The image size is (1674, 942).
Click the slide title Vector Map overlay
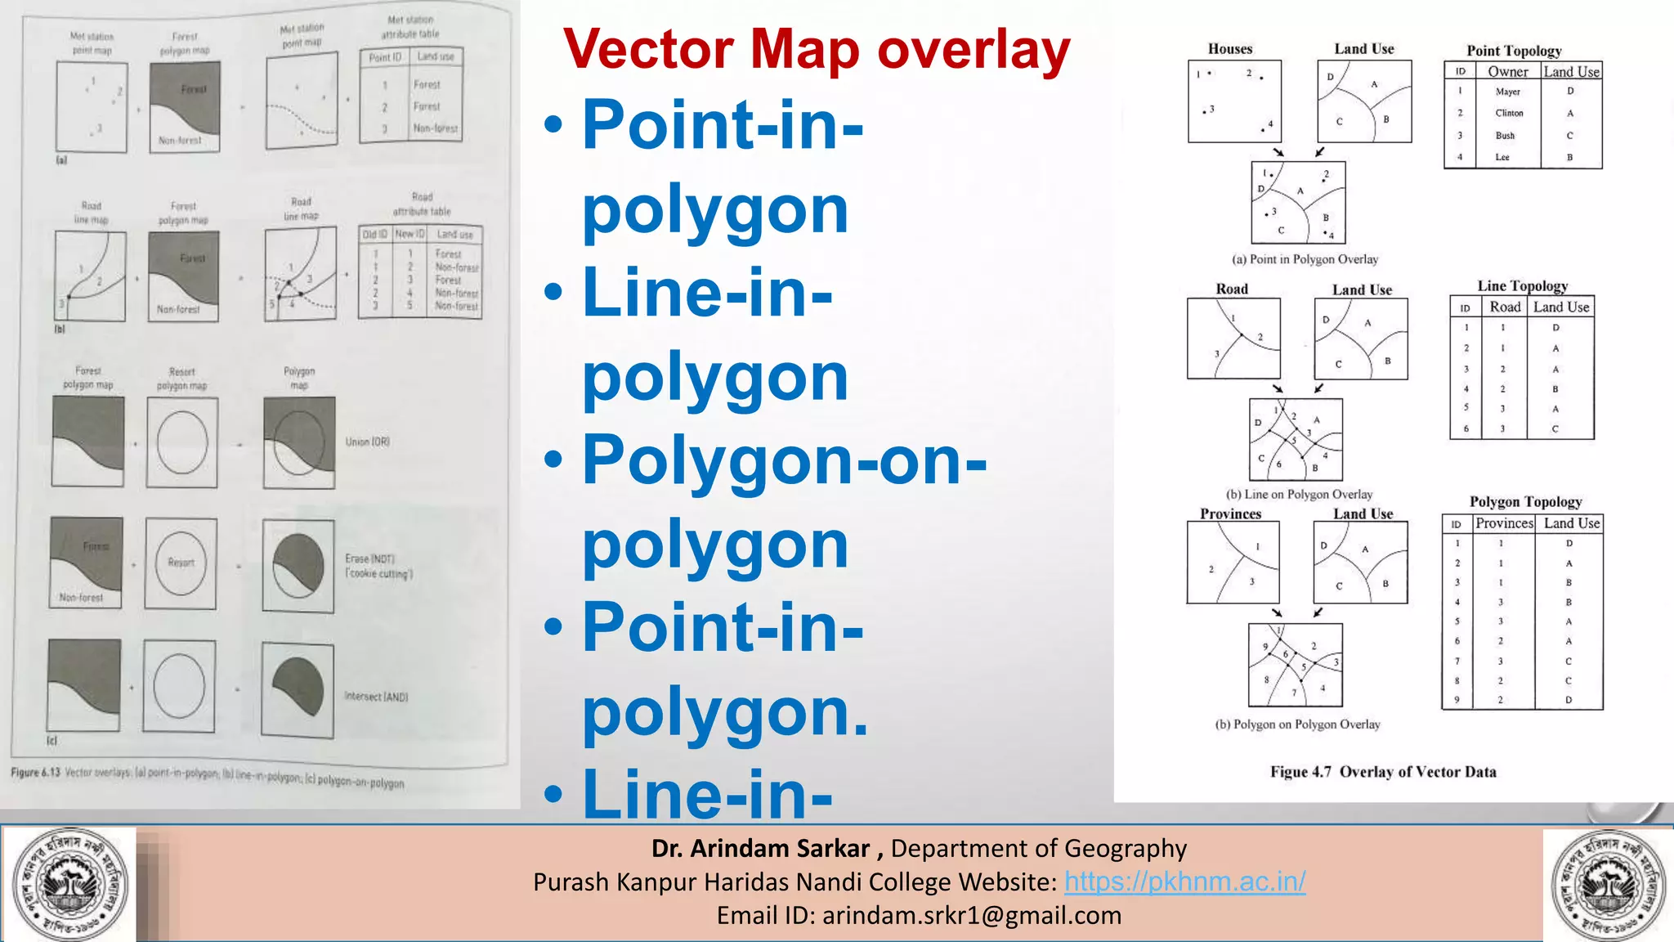tap(816, 51)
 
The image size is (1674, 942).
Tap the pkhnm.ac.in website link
tap(1184, 881)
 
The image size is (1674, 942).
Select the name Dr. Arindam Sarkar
tap(760, 848)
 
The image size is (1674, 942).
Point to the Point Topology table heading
tap(1514, 51)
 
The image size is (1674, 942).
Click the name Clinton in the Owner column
tap(1509, 114)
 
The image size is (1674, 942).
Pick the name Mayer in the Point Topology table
tap(1507, 92)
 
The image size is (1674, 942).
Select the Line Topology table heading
tap(1522, 286)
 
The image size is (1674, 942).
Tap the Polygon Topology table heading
tap(1525, 502)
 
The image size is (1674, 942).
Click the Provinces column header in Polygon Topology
tap(1504, 523)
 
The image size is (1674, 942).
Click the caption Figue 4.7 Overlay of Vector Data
tap(1383, 772)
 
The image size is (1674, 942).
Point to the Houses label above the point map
tap(1230, 49)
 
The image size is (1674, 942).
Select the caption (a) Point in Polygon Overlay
tap(1305, 259)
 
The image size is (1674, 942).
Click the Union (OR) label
tap(368, 442)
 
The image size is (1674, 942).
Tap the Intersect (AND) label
tap(376, 697)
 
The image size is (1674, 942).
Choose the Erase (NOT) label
tap(370, 559)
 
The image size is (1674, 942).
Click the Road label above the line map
tap(1232, 289)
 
